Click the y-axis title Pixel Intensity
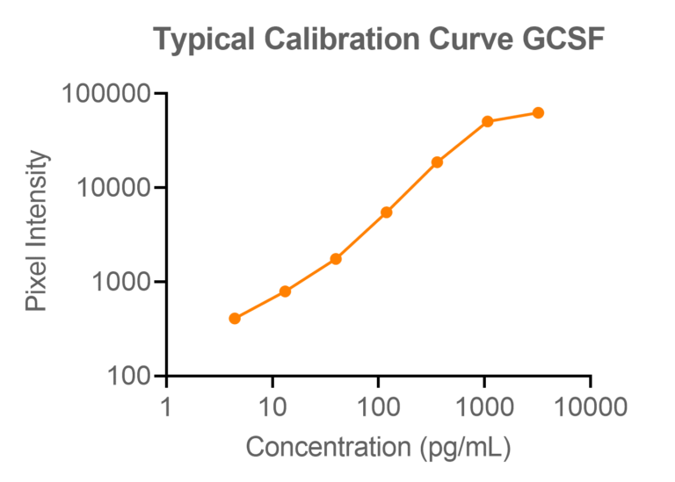[37, 232]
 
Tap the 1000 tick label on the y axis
[120, 282]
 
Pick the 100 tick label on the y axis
[127, 377]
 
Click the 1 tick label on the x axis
[166, 406]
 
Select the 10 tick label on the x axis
[272, 406]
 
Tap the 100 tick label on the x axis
[378, 406]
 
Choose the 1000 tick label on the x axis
[484, 406]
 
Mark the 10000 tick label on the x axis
[590, 406]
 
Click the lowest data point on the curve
[235, 319]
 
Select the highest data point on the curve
[538, 112]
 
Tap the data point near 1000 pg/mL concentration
[488, 121]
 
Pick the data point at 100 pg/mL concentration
[386, 212]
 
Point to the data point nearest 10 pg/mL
[285, 291]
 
